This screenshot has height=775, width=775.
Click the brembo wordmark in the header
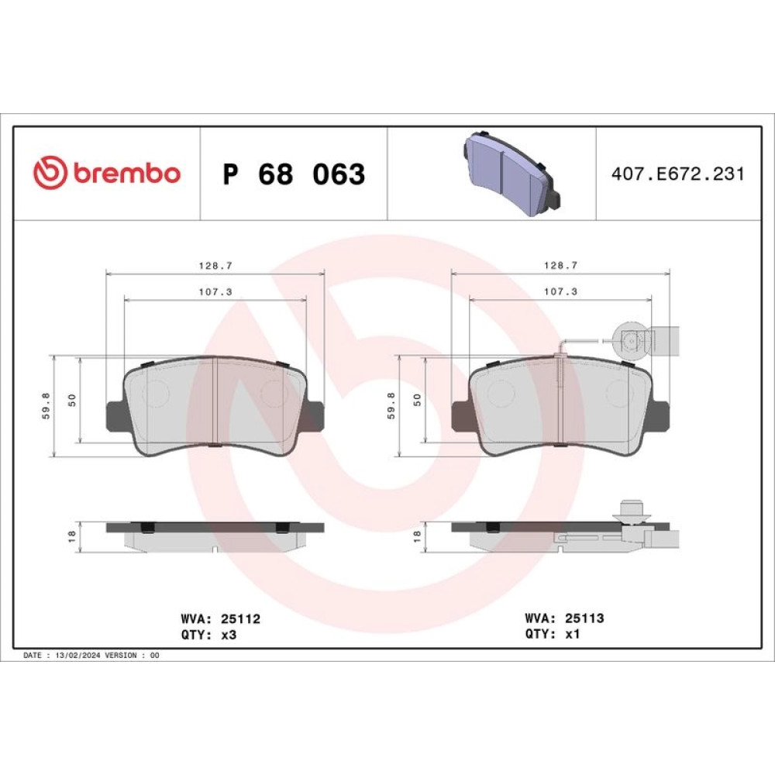point(127,173)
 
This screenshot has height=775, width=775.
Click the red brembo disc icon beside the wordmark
point(50,172)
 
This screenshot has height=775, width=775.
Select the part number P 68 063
point(294,174)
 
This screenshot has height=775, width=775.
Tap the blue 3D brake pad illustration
point(511,174)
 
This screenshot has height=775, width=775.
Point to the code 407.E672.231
point(677,174)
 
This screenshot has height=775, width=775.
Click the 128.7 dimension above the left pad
point(215,265)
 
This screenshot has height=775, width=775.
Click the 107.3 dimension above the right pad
point(560,291)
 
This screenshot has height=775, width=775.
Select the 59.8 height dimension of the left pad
point(46,406)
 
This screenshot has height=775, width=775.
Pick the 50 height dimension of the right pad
point(417,400)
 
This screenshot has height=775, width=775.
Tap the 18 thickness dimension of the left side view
point(71,536)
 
